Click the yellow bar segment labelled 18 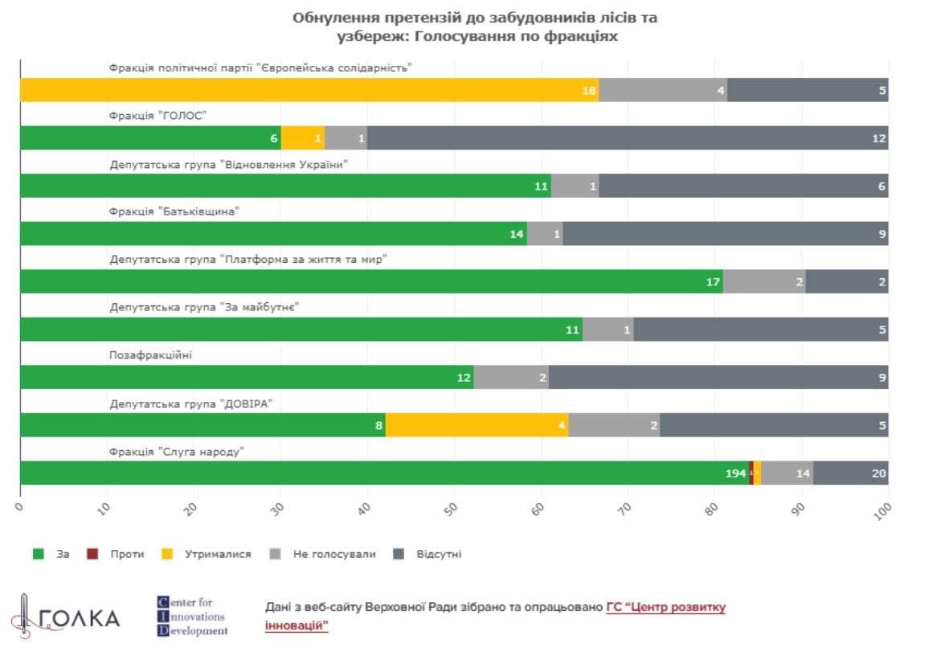click(309, 90)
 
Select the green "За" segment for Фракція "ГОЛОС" click(150, 138)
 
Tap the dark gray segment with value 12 click(627, 138)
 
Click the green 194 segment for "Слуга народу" click(384, 474)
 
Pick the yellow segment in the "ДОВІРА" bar click(477, 425)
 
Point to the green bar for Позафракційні click(247, 377)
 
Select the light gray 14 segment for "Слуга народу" click(787, 474)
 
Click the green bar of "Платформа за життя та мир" click(371, 281)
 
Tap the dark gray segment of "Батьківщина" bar click(725, 234)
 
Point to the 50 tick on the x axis click(452, 507)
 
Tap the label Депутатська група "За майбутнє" click(205, 307)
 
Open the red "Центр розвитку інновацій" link click(665, 608)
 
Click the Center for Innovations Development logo click(192, 616)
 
